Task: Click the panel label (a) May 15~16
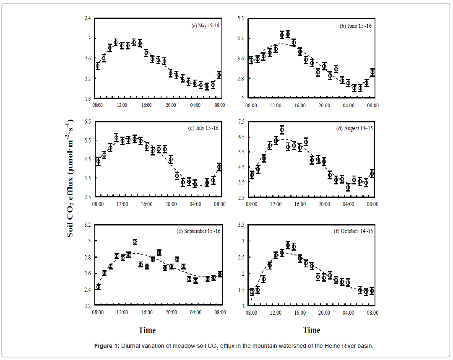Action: [205, 26]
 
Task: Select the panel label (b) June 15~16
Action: [355, 26]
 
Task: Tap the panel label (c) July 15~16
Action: [203, 128]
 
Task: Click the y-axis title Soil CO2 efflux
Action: [70, 179]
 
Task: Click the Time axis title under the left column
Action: [147, 330]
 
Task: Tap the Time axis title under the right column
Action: [311, 330]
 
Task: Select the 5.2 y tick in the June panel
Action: [240, 18]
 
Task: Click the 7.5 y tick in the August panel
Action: [240, 122]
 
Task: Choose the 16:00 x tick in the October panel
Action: [300, 313]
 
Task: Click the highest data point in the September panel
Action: [135, 242]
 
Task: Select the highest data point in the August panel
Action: [282, 130]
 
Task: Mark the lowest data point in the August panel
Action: [348, 187]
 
